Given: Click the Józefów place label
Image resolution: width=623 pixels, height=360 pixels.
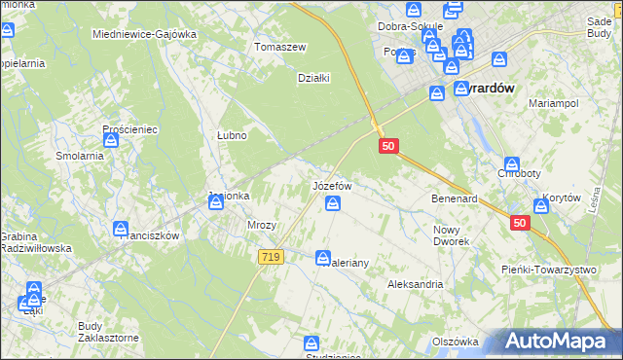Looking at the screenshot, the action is pyautogui.click(x=331, y=185).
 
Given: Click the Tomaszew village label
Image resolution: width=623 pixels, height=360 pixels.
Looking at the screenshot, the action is pyautogui.click(x=279, y=47).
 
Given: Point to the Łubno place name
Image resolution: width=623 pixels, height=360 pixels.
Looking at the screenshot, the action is pyautogui.click(x=231, y=136).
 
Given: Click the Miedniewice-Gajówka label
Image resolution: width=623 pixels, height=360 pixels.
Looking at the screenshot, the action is pyautogui.click(x=144, y=34).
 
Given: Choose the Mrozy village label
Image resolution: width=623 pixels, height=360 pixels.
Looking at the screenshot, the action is pyautogui.click(x=263, y=225).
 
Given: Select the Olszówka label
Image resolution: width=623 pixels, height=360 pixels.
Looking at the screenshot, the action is pyautogui.click(x=456, y=342).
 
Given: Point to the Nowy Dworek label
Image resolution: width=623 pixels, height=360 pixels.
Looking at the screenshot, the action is pyautogui.click(x=452, y=234).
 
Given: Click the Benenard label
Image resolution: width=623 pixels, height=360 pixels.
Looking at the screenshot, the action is pyautogui.click(x=454, y=198).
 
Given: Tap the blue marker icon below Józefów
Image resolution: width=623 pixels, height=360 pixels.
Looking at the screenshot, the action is pyautogui.click(x=333, y=203).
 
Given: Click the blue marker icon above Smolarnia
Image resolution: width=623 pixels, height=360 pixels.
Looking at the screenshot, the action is pyautogui.click(x=111, y=141).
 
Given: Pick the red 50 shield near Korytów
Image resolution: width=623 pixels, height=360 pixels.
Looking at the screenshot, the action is pyautogui.click(x=519, y=223).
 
